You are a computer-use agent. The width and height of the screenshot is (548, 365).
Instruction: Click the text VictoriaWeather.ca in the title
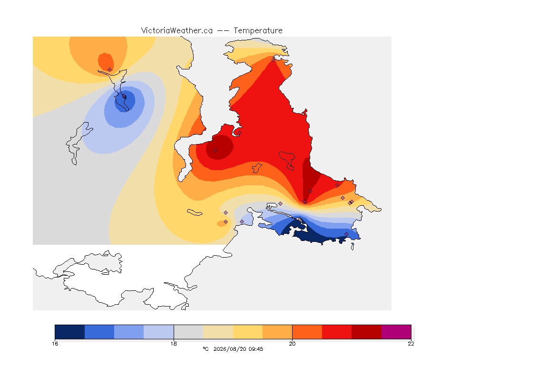[177, 31]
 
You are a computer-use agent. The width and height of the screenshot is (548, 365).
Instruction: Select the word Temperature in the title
[258, 31]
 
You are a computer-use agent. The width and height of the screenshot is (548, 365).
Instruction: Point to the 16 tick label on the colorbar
[55, 344]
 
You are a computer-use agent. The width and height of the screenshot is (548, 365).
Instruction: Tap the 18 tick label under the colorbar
[174, 344]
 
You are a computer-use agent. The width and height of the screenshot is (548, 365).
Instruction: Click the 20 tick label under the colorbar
[292, 344]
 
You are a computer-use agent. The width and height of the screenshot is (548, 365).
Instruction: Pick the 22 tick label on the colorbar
[411, 344]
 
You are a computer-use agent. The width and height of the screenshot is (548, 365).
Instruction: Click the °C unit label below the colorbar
[205, 349]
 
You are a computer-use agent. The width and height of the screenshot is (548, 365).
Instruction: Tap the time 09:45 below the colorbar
[256, 349]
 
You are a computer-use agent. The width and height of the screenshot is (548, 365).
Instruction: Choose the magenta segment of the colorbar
[396, 332]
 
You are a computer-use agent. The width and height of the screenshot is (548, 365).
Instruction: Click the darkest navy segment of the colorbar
[70, 332]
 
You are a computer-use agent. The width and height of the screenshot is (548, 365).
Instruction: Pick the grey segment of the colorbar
[188, 332]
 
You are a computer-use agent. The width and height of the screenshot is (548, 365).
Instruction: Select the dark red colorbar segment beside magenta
[367, 332]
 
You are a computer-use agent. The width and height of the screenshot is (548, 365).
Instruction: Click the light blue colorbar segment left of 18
[159, 332]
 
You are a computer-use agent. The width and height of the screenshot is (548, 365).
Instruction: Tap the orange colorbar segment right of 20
[307, 332]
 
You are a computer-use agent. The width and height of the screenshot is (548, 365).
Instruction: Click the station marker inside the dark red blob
[215, 151]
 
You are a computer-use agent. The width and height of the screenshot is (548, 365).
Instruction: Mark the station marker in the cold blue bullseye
[124, 96]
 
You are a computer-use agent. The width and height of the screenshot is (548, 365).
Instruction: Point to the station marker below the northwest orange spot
[110, 69]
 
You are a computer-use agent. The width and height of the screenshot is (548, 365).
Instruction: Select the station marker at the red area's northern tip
[274, 60]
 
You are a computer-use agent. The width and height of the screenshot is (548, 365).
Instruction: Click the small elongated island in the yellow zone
[195, 212]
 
